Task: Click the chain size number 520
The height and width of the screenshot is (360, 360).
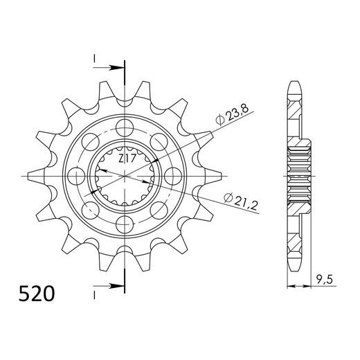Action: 35,296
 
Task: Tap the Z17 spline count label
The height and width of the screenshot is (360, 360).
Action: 125,159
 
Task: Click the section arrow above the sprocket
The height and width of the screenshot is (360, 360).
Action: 111,68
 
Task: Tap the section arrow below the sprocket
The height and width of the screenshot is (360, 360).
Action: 111,287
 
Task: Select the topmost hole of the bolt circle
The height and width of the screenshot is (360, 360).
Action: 125,127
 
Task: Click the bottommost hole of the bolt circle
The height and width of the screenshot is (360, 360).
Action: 125,224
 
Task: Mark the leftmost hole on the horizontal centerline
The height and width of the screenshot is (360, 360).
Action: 76,176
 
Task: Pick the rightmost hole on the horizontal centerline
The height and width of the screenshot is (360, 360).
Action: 173,176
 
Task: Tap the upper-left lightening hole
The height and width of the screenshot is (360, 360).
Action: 91,142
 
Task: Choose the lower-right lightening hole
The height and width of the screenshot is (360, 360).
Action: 159,210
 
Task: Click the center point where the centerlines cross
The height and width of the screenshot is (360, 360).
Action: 125,176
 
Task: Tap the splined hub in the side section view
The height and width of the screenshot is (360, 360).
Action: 298,176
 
